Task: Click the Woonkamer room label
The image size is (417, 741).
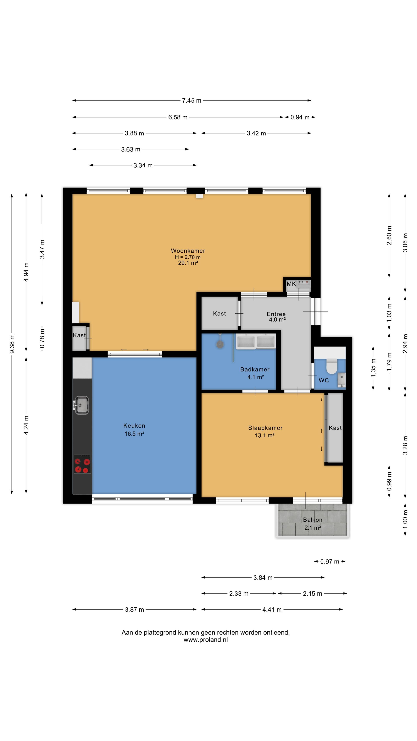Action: point(188,250)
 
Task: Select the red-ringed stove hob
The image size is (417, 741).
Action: point(82,464)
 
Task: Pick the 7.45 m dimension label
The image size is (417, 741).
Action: point(192,100)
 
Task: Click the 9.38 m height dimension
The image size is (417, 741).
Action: point(12,344)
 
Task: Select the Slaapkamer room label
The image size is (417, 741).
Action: point(265,428)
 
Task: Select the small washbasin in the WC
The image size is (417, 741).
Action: point(341,380)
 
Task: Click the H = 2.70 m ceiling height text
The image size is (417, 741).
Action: point(188,257)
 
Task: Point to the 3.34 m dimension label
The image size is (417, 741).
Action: point(143,165)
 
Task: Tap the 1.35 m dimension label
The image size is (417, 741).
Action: point(373,368)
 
